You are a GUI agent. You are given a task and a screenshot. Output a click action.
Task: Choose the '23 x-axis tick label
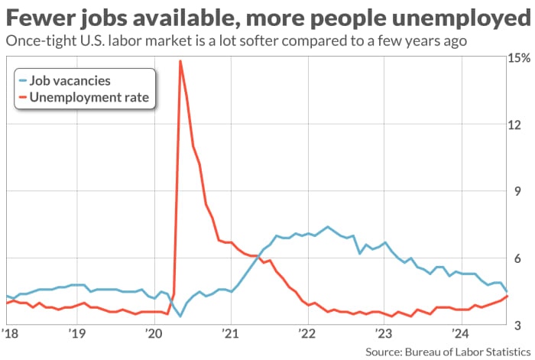[x=383, y=334]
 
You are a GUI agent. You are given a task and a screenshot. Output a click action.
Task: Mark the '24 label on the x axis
[x=460, y=334]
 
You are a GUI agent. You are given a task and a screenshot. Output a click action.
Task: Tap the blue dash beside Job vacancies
[x=24, y=80]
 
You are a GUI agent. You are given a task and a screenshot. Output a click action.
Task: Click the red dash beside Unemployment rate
[x=24, y=98]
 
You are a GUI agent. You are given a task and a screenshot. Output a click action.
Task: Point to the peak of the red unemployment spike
[x=180, y=61]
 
